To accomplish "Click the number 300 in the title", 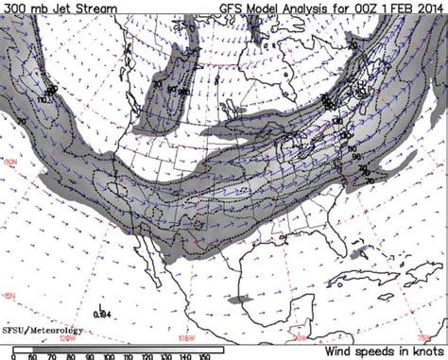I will click(14, 8).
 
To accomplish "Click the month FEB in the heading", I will click(408, 8).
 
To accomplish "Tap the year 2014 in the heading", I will click(435, 8).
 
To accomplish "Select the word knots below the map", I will click(423, 350).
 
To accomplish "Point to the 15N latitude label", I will click(9, 298).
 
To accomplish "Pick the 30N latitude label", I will click(12, 163).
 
